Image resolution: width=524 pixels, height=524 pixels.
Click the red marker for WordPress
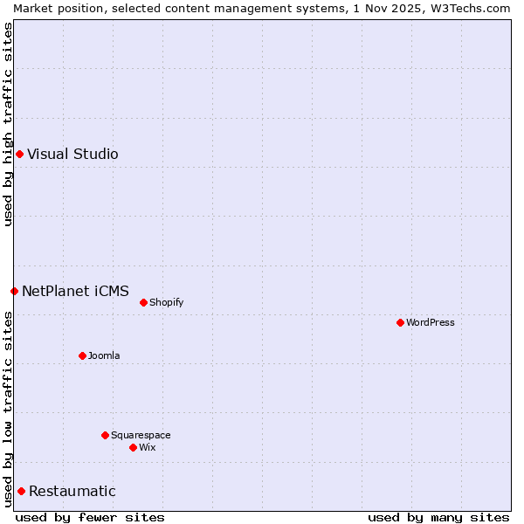[x=400, y=322]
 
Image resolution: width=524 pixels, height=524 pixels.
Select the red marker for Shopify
[x=143, y=302]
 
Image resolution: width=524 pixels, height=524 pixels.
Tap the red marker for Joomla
[x=82, y=355]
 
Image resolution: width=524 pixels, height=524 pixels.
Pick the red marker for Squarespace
[x=105, y=435]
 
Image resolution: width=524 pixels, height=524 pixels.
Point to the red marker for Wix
[x=133, y=447]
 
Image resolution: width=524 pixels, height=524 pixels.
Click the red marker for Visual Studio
[x=19, y=155]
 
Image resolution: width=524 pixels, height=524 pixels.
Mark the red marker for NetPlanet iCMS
[x=14, y=291]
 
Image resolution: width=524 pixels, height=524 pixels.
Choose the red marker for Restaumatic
[x=21, y=491]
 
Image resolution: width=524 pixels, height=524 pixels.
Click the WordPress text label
[x=431, y=322]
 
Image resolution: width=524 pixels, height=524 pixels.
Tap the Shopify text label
[x=166, y=302]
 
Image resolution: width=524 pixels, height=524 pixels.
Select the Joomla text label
[x=104, y=355]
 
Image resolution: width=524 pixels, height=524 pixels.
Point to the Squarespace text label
[x=141, y=435]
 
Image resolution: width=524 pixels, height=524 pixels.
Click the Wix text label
[x=147, y=447]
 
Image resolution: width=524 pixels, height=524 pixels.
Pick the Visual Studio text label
[x=72, y=155]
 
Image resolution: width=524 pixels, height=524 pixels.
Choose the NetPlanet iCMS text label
[x=75, y=291]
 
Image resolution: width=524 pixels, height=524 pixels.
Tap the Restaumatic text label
[x=72, y=491]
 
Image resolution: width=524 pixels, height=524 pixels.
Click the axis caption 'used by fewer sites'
[x=90, y=517]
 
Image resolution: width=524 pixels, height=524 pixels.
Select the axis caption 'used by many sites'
[x=438, y=517]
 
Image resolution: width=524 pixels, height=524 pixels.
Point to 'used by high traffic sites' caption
[x=8, y=124]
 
